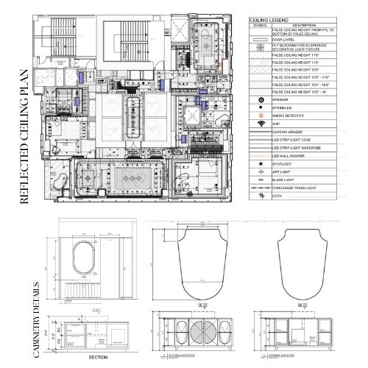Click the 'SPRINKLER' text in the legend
tap(286, 107)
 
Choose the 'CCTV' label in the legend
tap(279, 198)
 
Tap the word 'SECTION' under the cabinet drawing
tap(99, 357)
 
